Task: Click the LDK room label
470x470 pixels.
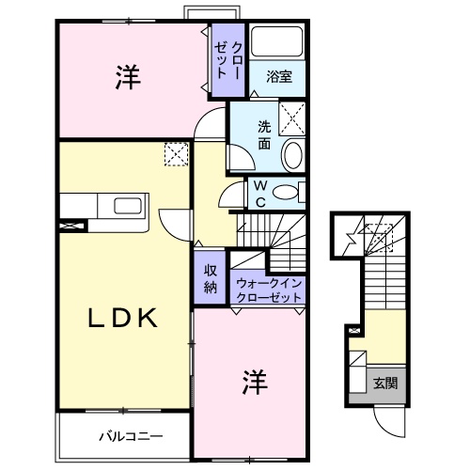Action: (x=122, y=318)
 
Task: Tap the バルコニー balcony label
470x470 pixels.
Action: (x=132, y=436)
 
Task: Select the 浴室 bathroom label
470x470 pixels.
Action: (x=278, y=76)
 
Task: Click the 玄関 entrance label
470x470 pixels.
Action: (x=385, y=383)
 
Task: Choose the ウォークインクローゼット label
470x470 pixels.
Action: (x=269, y=289)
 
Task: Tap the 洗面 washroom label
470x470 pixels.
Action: (x=265, y=136)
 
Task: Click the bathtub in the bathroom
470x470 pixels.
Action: (x=278, y=43)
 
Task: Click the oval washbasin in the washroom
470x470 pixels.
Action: (x=293, y=156)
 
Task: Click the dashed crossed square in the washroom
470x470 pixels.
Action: (x=292, y=118)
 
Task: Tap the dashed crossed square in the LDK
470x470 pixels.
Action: (x=176, y=154)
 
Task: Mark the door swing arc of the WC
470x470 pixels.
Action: (x=229, y=197)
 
